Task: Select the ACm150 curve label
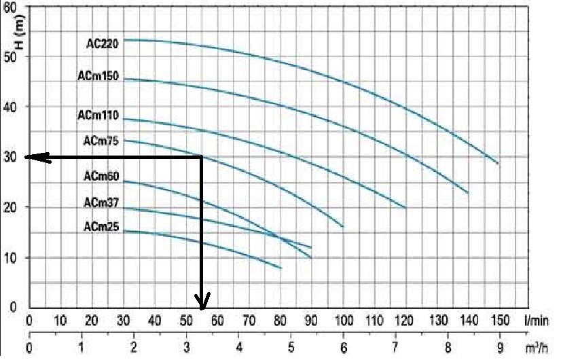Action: click(98, 77)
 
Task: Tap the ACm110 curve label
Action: click(98, 116)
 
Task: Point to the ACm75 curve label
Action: click(101, 141)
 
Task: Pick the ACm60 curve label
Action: click(101, 177)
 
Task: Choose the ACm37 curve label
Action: click(101, 202)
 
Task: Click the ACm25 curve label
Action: click(101, 228)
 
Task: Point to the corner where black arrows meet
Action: click(202, 158)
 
